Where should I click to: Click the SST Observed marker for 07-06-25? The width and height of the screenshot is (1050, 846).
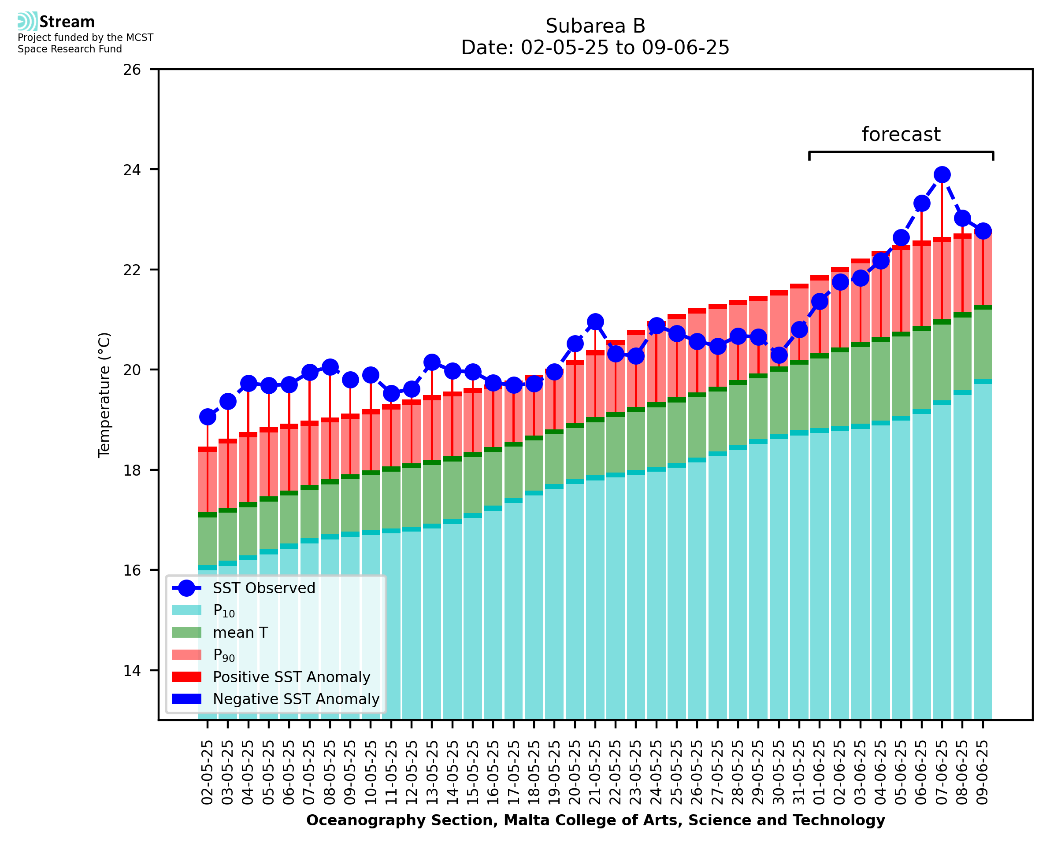[x=942, y=174]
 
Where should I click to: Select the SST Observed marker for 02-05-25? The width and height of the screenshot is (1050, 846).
[x=208, y=417]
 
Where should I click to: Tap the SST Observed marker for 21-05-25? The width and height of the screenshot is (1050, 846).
[x=595, y=321]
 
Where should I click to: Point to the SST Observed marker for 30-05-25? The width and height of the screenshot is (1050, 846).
[x=779, y=355]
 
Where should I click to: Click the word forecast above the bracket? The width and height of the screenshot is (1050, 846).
[x=901, y=134]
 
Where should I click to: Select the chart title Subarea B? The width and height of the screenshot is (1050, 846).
[x=595, y=26]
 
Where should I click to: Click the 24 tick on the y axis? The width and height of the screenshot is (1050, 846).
[x=132, y=170]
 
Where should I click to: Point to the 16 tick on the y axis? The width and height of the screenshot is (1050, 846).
[x=132, y=571]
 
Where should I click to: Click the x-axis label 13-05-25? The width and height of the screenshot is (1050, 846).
[x=432, y=772]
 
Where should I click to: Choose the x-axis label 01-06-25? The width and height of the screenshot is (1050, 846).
[x=820, y=772]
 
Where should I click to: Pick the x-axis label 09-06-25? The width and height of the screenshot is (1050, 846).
[x=983, y=772]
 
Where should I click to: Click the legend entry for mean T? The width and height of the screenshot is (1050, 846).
[x=240, y=632]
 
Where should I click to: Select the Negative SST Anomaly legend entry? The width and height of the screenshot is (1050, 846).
[x=296, y=699]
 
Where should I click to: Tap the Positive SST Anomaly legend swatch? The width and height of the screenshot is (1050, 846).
[x=187, y=677]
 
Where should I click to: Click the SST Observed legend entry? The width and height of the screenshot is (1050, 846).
[x=264, y=588]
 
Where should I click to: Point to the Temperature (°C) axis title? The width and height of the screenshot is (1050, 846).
[x=104, y=395]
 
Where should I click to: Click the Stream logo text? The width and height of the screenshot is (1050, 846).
[x=67, y=22]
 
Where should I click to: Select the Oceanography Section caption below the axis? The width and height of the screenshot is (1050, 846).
[x=595, y=820]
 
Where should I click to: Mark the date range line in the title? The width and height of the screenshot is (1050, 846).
[x=595, y=48]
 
